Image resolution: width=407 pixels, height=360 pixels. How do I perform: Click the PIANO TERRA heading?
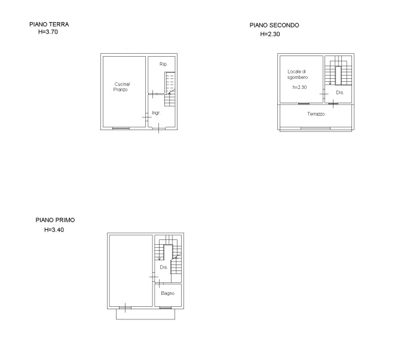pos(49,24)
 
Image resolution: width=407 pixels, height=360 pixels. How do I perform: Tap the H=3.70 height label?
pos(48,32)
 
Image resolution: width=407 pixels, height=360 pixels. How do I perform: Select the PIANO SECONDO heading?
pos(274,25)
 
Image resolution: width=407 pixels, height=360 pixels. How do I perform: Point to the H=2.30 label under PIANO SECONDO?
pos(270,34)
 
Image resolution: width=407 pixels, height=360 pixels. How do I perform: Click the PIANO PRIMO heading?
pos(55,220)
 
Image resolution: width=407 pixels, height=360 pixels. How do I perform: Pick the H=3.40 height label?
pos(54,229)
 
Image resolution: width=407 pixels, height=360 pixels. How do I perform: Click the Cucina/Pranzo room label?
pos(122,87)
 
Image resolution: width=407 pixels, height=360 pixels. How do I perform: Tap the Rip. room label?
pos(164,64)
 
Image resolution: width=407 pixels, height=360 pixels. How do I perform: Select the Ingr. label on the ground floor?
pos(156,113)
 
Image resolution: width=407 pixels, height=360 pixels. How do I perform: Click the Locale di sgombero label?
pos(298,75)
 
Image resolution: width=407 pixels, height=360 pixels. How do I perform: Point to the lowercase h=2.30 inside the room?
pos(299,87)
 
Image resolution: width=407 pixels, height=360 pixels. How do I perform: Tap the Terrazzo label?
pos(316,114)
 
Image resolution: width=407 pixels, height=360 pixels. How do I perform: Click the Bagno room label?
pos(168,293)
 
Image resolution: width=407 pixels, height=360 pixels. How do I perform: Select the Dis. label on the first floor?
pos(164,267)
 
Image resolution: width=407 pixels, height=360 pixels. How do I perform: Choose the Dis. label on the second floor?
pos(340,93)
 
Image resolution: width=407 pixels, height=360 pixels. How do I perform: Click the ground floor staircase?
pos(170,89)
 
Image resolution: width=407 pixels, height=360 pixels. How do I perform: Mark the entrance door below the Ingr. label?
pos(158,128)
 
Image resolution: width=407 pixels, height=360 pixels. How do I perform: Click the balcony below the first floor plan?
pos(145,314)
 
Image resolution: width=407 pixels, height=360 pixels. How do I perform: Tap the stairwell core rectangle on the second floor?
pos(338,75)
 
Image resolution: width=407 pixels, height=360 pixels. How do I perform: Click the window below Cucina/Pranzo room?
pos(121,128)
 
